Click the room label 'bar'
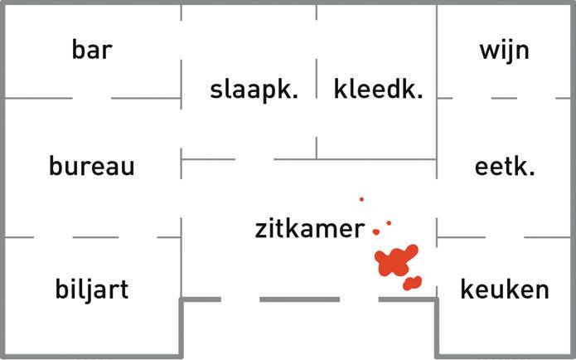(x=91, y=50)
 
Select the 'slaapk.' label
(x=254, y=90)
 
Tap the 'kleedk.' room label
(x=378, y=90)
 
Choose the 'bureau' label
(x=91, y=166)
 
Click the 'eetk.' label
(x=505, y=166)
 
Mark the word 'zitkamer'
(x=309, y=229)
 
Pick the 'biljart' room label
(x=91, y=289)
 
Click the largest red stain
(x=394, y=260)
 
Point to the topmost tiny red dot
(x=361, y=199)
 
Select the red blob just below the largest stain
(x=412, y=283)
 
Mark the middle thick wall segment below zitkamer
(x=299, y=299)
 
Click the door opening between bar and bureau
(x=91, y=98)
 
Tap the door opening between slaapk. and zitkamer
(x=254, y=159)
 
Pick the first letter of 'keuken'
(x=467, y=289)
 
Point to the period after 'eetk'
(x=532, y=174)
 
